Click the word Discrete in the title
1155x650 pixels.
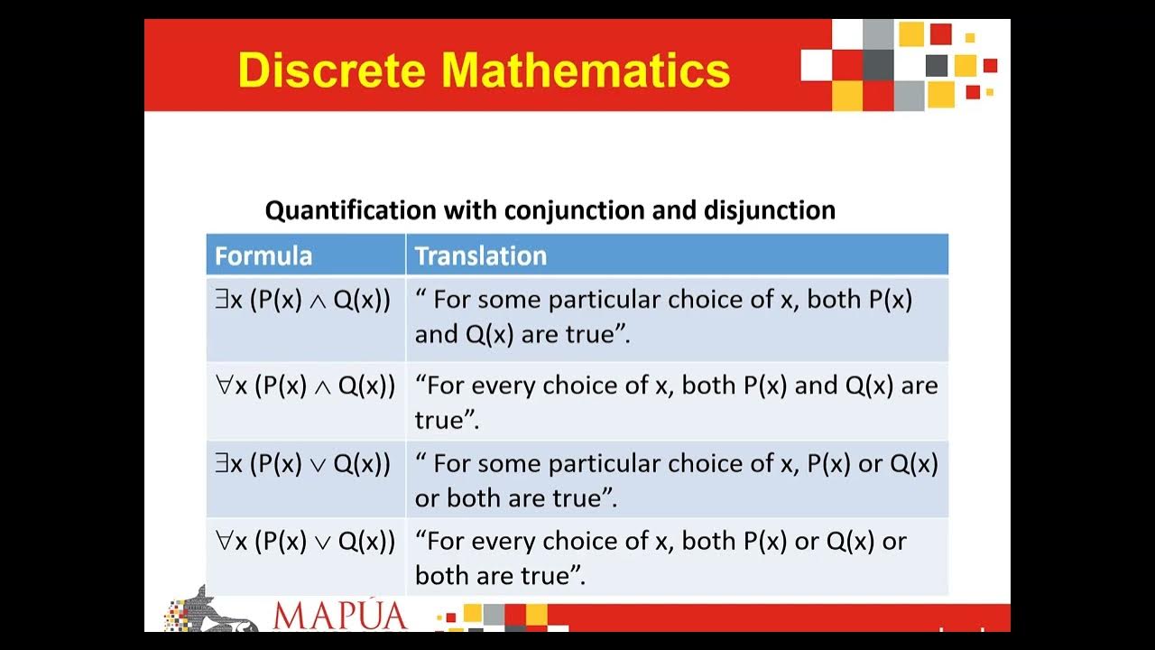pos(332,70)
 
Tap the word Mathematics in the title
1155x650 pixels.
pos(586,70)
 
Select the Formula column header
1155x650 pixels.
pos(263,255)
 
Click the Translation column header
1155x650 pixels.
pos(481,255)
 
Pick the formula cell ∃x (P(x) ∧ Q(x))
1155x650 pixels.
pos(303,301)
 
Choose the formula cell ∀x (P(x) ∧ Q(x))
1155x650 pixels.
pos(305,386)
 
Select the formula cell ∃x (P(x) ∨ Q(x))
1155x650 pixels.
pos(303,464)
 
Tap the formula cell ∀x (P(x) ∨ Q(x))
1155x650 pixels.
pos(305,542)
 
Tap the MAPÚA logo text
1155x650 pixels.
pos(339,616)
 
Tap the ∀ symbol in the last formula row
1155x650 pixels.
pos(224,541)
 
